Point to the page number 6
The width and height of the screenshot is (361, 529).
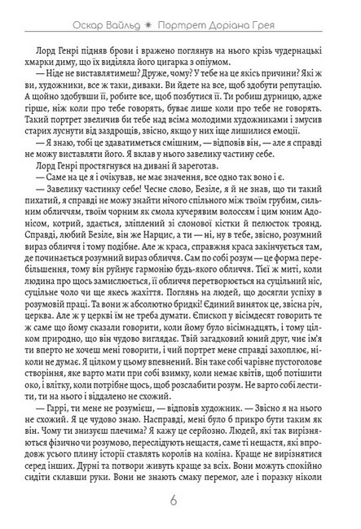(180, 500)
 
